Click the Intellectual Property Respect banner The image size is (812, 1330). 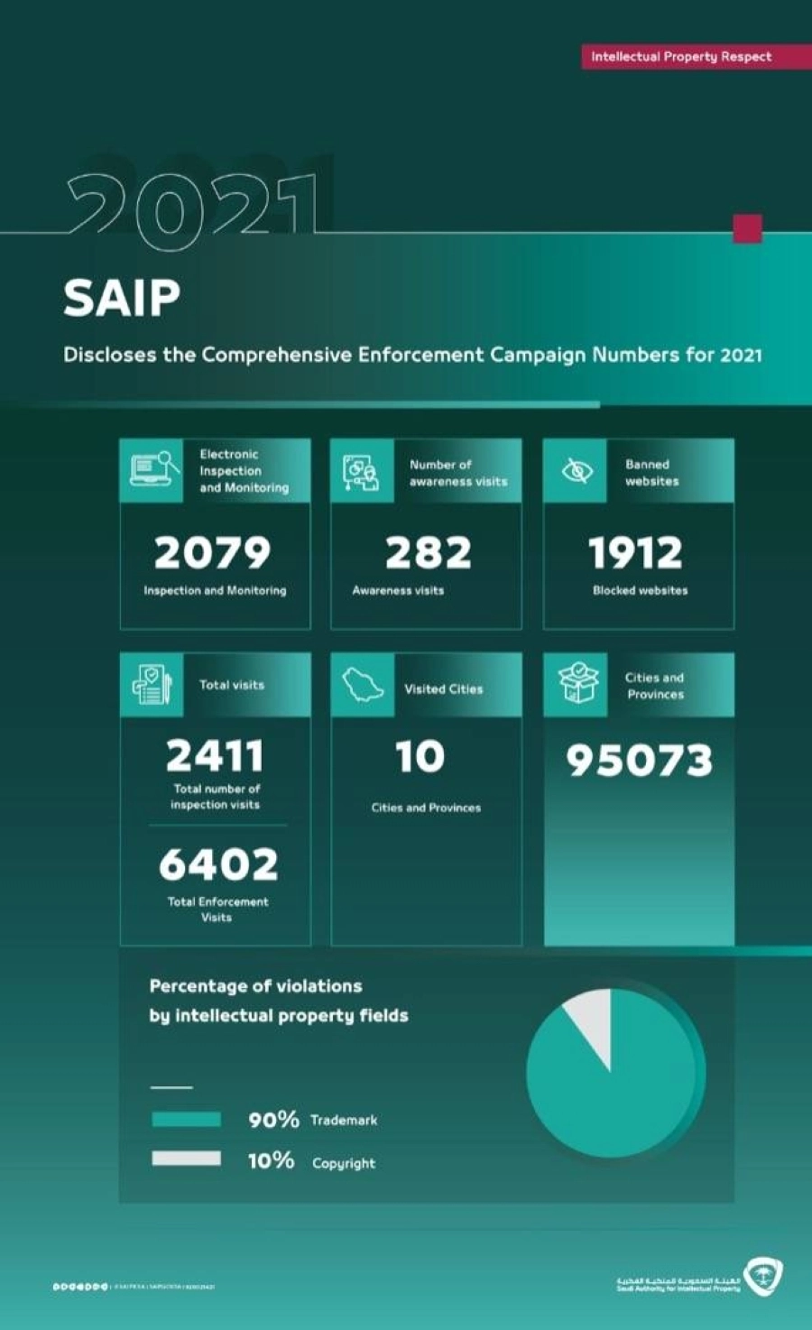click(x=681, y=56)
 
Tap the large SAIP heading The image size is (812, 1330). click(x=122, y=298)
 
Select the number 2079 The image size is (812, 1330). click(x=212, y=552)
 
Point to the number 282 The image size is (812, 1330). click(x=428, y=552)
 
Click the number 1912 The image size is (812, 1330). click(x=636, y=552)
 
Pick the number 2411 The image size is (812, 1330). click(x=215, y=755)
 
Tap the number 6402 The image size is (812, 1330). click(x=218, y=864)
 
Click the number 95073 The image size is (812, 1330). click(x=639, y=761)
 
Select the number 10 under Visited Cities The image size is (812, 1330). click(x=420, y=756)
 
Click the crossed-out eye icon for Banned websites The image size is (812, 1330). click(x=576, y=471)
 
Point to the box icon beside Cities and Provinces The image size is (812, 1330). click(x=577, y=683)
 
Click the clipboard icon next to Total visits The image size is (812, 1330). click(x=151, y=685)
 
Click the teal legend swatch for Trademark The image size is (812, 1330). click(x=186, y=1120)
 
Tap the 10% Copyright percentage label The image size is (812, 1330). click(x=272, y=1160)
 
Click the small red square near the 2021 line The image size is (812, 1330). click(x=747, y=228)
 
